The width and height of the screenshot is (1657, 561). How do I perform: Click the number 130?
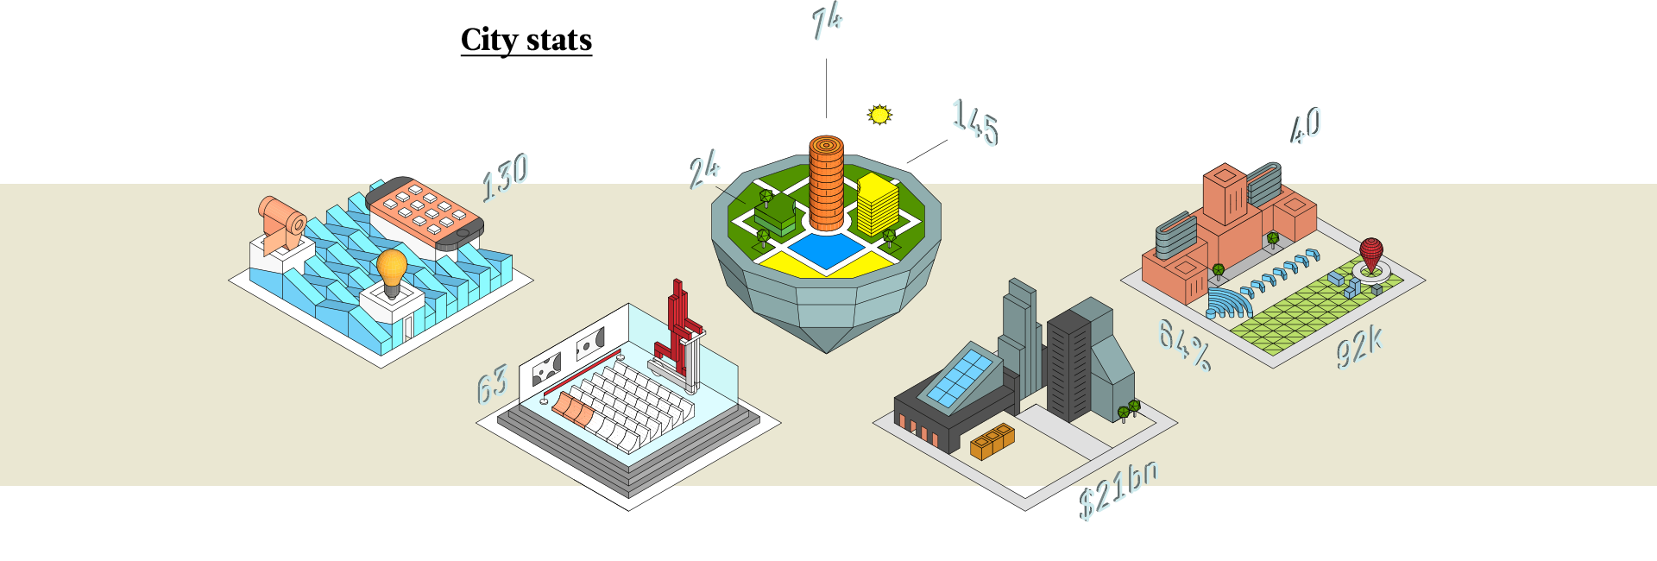tap(506, 176)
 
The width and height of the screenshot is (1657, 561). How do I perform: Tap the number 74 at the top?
tap(828, 22)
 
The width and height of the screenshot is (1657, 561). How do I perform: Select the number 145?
tap(975, 123)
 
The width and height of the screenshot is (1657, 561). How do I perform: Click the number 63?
tap(492, 385)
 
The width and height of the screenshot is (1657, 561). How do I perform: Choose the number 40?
tap(1306, 126)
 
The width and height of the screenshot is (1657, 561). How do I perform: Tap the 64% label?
tap(1184, 344)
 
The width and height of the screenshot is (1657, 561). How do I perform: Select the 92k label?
tap(1359, 347)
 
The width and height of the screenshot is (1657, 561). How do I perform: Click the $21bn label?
tap(1118, 489)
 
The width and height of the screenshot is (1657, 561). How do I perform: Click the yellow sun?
tap(879, 115)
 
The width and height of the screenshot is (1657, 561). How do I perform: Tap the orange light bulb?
tap(392, 269)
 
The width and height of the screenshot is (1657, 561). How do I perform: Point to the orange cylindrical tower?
tap(826, 183)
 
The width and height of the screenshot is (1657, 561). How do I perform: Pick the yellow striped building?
tap(878, 205)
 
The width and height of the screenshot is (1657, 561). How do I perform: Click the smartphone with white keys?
tap(425, 212)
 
